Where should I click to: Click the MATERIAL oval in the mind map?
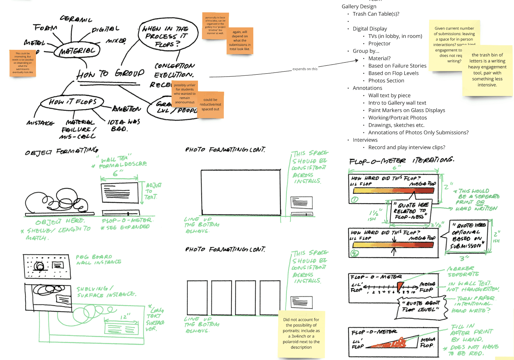click(x=77, y=51)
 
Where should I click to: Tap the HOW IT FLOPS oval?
click(x=73, y=102)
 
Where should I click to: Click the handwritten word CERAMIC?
click(x=76, y=19)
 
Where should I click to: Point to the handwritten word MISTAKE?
click(x=40, y=123)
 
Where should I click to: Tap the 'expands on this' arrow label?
click(x=305, y=69)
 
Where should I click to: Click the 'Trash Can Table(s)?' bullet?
click(x=376, y=14)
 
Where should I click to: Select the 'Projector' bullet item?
click(x=379, y=44)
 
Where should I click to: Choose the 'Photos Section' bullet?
click(x=386, y=81)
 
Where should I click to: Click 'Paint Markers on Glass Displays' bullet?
click(x=406, y=110)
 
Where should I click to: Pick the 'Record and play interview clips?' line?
click(x=406, y=147)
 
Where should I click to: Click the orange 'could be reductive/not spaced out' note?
click(x=211, y=105)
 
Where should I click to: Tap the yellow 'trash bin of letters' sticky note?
click(x=487, y=70)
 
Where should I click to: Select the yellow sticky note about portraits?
click(x=301, y=334)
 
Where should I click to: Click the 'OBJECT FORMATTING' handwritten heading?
click(x=61, y=151)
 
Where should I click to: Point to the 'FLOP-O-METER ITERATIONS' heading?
click(x=401, y=161)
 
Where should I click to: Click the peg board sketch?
click(x=47, y=266)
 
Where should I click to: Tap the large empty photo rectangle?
click(x=240, y=192)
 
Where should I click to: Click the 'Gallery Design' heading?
click(x=359, y=6)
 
